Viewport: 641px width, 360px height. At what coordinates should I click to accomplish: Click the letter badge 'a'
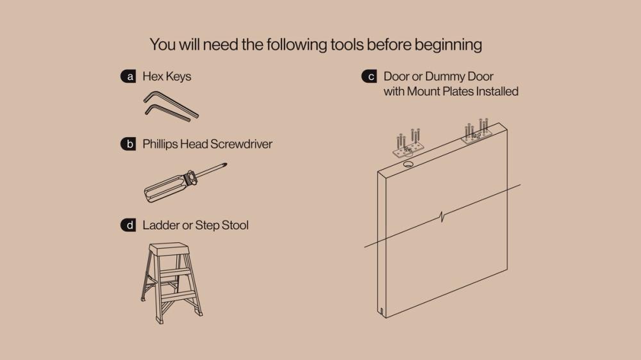coord(128,76)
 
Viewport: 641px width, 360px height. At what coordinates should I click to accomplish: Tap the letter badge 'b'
coord(128,144)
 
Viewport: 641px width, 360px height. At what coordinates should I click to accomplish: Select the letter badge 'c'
coord(369,76)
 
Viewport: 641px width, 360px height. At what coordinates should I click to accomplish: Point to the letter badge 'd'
coord(128,225)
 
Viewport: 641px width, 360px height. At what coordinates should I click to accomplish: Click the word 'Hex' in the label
coord(153,76)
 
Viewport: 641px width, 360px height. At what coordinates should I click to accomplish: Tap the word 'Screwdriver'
coord(242,144)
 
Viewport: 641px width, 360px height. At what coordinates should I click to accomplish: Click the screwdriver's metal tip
coord(224,165)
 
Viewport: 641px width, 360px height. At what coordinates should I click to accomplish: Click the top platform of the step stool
coord(169,249)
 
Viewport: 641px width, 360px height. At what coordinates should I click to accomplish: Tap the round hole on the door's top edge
coord(408,164)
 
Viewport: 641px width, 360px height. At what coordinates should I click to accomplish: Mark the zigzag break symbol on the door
coord(442,216)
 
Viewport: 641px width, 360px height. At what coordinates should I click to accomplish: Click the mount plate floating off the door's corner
coord(409,149)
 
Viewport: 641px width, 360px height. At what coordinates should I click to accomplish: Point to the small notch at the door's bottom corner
coord(381,312)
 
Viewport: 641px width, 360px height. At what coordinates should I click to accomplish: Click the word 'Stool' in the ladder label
coord(235,225)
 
